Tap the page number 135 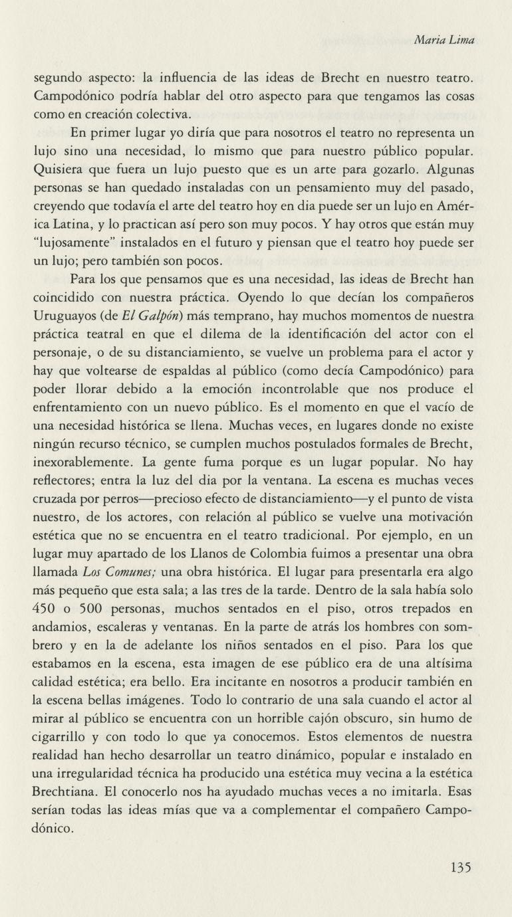coord(461,867)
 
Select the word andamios coord(61,627)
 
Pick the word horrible coord(299,718)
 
